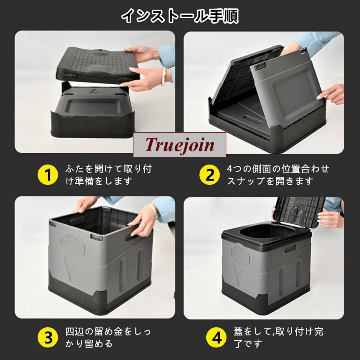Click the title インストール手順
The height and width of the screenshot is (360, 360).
pyautogui.click(x=180, y=17)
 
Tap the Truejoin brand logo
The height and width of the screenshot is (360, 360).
pyautogui.click(x=179, y=145)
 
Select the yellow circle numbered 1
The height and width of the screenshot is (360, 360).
pyautogui.click(x=48, y=175)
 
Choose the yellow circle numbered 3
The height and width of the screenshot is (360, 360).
pyautogui.click(x=48, y=338)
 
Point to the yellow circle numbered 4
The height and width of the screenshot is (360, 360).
pyautogui.click(x=217, y=338)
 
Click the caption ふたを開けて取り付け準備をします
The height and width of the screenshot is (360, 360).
pyautogui.click(x=108, y=175)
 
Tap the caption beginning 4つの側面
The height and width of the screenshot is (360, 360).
pyautogui.click(x=278, y=175)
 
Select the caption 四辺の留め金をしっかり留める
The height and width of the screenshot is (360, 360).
pyautogui.click(x=108, y=338)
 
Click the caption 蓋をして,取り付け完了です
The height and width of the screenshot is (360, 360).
pyautogui.click(x=278, y=338)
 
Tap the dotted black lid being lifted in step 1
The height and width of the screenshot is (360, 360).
pyautogui.click(x=97, y=64)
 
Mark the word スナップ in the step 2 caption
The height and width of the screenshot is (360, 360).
pyautogui.click(x=246, y=181)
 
